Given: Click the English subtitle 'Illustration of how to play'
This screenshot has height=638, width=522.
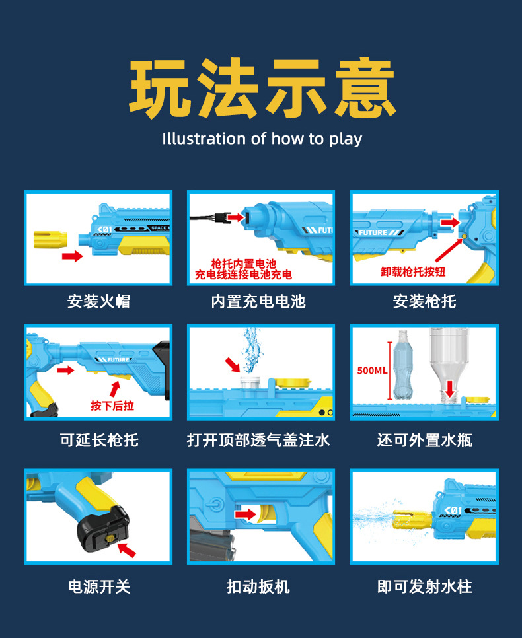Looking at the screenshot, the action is [262, 139].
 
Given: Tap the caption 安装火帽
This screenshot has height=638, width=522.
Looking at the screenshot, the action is [98, 302].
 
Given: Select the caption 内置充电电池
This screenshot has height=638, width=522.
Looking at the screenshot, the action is [258, 302].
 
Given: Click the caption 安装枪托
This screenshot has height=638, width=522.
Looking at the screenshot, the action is [424, 302].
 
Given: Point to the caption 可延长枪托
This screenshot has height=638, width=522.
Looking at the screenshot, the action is [99, 441].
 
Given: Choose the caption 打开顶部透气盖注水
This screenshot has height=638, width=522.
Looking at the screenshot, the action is [258, 441].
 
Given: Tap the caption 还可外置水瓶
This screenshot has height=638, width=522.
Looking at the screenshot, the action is [425, 441].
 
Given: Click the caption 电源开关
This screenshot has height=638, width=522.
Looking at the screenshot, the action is [99, 586].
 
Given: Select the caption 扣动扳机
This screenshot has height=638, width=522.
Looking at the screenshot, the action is [258, 586].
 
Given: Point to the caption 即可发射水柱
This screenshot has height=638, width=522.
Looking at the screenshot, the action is [425, 586].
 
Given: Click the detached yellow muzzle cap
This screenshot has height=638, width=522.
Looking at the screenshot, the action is [50, 240].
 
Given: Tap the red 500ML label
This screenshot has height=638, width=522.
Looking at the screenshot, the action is [372, 371].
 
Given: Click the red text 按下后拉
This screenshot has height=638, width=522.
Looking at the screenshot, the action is [112, 406].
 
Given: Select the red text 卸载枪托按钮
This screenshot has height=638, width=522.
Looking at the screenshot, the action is [413, 271].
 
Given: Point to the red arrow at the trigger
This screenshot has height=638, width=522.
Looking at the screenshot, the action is [246, 514].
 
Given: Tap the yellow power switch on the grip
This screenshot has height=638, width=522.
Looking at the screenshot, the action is [110, 538].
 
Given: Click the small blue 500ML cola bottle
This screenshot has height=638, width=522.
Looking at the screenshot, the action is [402, 365].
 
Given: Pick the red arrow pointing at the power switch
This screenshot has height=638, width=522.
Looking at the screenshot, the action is [127, 549].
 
